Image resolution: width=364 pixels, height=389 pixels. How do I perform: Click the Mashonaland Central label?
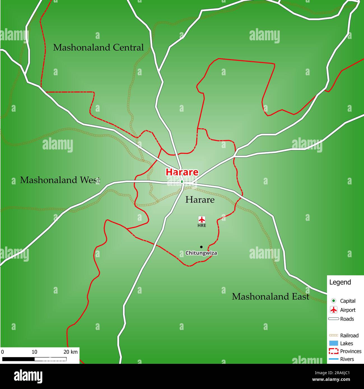coord(98,48)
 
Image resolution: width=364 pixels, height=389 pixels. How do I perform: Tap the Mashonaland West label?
coord(60,180)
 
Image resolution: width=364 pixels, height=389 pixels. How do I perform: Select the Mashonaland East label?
coord(270,297)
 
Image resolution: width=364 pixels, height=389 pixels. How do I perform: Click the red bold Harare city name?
coord(182,172)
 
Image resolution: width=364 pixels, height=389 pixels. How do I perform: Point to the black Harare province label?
coord(200,200)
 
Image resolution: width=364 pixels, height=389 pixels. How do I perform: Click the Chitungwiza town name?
coord(201,253)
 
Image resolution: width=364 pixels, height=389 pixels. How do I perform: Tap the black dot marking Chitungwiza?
coord(201,247)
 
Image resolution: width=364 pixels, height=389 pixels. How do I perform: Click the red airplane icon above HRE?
coord(202,219)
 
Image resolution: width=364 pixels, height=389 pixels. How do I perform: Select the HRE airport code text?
coord(202,226)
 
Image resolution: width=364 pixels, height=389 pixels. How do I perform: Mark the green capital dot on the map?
coord(182,182)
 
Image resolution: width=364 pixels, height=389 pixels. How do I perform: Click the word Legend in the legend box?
coord(340,282)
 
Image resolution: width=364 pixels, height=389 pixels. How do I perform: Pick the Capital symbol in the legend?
coord(333,301)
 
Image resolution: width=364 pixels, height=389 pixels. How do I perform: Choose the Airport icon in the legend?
coord(333,310)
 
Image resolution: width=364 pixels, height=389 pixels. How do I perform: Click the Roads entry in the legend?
coord(347,319)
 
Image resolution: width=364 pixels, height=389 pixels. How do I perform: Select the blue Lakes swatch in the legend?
coord(333,343)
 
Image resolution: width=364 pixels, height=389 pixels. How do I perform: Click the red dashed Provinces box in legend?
coord(333,351)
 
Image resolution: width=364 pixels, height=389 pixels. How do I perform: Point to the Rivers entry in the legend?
coord(347,359)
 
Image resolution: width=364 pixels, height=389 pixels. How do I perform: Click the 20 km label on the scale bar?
coord(71,352)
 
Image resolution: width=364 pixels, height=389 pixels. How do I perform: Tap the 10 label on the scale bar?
coord(34,352)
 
